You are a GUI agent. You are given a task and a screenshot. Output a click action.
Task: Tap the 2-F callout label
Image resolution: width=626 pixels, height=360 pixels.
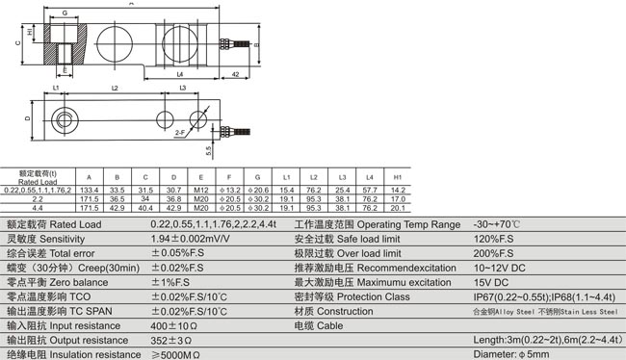point(180,132)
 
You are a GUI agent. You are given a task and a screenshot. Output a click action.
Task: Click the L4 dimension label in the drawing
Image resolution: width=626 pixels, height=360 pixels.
point(180,73)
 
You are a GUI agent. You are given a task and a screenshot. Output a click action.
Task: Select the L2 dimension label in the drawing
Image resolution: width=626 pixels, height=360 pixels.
point(115,88)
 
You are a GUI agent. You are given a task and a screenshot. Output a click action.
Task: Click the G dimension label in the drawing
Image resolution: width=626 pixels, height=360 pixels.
point(64,13)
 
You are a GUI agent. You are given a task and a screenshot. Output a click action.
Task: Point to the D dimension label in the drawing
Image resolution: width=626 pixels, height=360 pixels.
point(27,118)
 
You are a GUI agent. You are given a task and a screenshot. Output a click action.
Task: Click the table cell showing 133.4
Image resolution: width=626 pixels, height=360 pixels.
point(89,192)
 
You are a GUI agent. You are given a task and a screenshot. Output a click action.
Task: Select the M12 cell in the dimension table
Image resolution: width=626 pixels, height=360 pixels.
point(201,192)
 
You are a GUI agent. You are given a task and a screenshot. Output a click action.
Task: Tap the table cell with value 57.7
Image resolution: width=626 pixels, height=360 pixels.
point(370,192)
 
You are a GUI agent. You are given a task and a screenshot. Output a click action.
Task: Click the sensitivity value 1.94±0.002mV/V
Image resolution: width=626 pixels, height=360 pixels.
point(191,237)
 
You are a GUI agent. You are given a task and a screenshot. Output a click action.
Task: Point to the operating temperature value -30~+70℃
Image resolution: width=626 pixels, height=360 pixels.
point(499,224)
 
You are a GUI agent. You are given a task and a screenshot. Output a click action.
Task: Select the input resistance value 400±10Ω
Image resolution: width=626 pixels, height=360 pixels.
point(173,325)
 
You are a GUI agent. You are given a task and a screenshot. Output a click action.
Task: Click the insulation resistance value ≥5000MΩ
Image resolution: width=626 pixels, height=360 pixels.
point(173,354)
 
